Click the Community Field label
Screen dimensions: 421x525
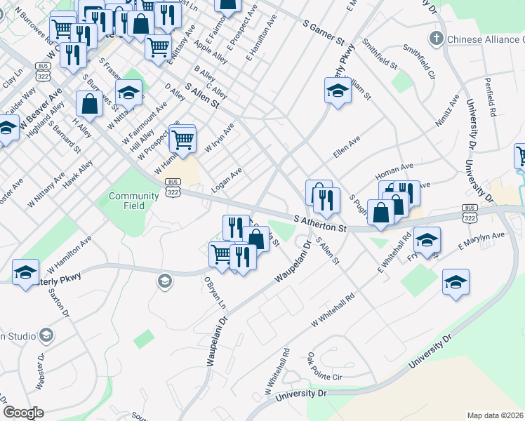[x=127, y=201]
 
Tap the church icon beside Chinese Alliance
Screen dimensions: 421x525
[x=436, y=39]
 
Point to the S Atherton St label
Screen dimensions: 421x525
[x=321, y=225]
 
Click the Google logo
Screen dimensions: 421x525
[x=23, y=413]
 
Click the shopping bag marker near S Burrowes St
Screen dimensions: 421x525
[x=91, y=104]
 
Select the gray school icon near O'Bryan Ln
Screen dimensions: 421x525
[x=164, y=281]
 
